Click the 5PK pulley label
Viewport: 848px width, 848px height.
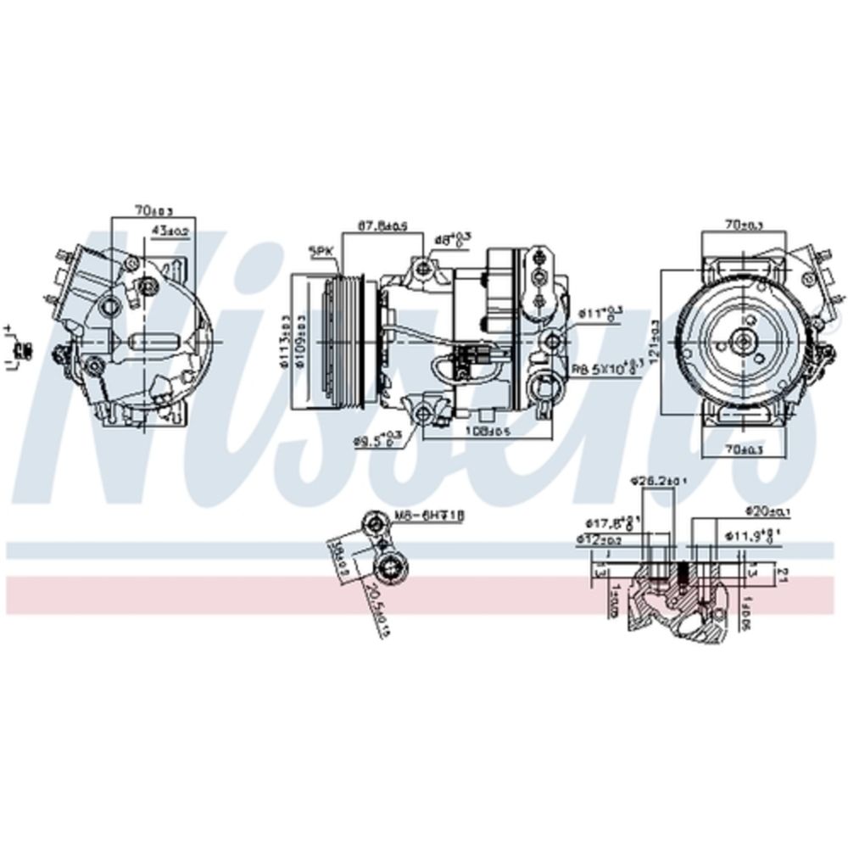tap(321, 251)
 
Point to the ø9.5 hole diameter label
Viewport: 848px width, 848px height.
tap(377, 440)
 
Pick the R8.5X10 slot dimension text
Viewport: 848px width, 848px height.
tap(605, 369)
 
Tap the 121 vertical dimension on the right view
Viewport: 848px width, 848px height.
tap(653, 339)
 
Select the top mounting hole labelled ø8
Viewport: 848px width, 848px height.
tap(423, 269)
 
